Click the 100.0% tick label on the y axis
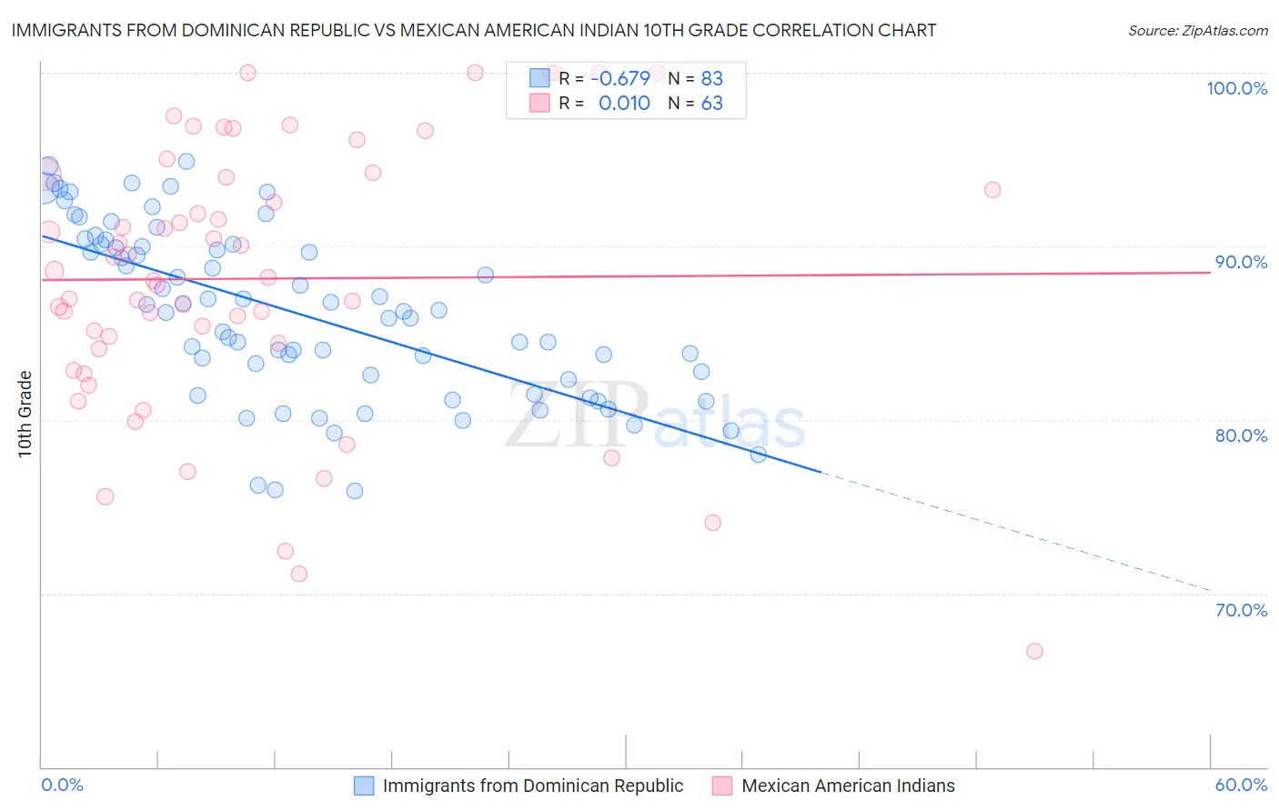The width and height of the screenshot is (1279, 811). click(1236, 88)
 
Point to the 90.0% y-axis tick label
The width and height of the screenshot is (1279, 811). click(1241, 262)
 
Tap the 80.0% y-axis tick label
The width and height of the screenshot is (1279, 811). click(1241, 436)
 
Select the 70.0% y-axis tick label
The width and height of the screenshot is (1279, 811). click(1241, 610)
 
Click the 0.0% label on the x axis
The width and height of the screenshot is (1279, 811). click(62, 785)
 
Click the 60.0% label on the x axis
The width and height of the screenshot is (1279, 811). click(1241, 785)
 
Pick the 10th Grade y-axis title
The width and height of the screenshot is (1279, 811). click(25, 414)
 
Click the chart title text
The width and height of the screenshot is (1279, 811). click(474, 30)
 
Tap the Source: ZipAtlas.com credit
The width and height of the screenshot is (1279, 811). click(1197, 30)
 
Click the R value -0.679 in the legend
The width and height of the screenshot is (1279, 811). click(619, 78)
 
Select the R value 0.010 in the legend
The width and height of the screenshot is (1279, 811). click(624, 104)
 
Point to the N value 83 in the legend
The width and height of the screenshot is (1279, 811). click(711, 78)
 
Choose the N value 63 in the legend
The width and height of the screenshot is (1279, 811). click(711, 104)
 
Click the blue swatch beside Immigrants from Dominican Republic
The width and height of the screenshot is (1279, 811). click(364, 786)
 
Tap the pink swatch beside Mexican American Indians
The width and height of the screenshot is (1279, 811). click(722, 786)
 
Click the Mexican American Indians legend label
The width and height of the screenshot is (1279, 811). click(848, 786)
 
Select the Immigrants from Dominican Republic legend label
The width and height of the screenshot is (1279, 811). click(532, 786)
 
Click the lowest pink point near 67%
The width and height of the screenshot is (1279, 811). click(1034, 651)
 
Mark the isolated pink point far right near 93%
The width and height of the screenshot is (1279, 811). click(992, 190)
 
